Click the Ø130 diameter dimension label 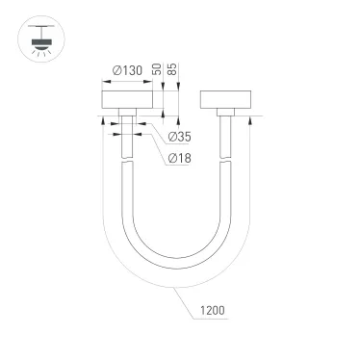point(125,70)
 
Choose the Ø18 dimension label point(178,157)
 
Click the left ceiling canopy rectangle point(126,101)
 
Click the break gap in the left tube point(126,164)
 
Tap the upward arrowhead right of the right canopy point(249,119)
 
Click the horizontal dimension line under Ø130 point(126,80)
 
